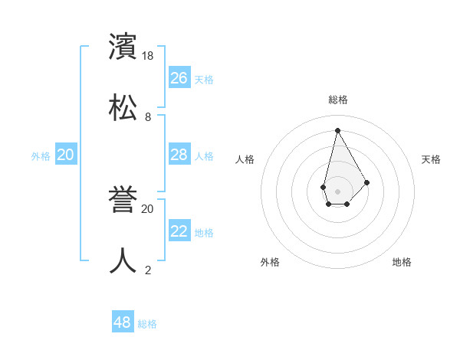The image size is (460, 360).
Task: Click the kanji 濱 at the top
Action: [123, 47]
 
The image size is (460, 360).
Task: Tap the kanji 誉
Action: [123, 200]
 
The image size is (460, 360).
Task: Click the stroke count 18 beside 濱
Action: [149, 56]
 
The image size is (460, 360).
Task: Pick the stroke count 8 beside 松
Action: [148, 117]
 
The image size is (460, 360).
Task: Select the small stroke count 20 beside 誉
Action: [148, 208]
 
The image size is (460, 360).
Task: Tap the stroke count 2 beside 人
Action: [148, 270]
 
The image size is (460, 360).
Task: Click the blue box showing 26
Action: [179, 78]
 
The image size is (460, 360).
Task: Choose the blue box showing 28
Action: [179, 155]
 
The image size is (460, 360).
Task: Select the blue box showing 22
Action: [179, 231]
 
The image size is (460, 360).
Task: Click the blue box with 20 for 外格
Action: [66, 155]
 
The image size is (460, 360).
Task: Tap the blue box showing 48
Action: [123, 322]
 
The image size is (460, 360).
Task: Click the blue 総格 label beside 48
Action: [147, 324]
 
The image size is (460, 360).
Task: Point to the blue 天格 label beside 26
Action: [204, 80]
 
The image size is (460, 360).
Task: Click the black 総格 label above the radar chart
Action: [337, 100]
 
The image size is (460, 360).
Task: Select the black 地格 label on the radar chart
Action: [402, 262]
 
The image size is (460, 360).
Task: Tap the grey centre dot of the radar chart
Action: [337, 190]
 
